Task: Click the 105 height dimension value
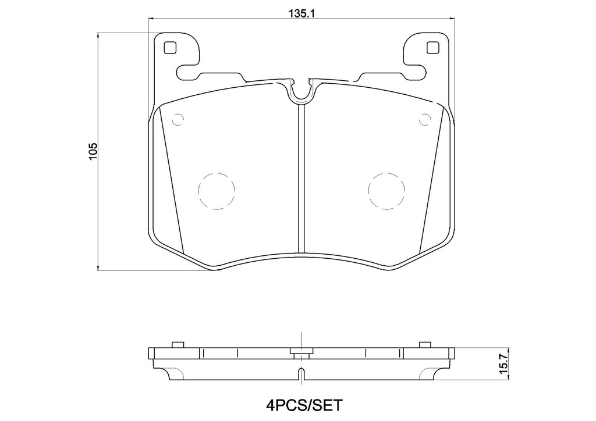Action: (x=93, y=151)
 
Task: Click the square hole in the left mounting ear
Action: (x=170, y=48)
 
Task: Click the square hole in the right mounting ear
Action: (x=432, y=48)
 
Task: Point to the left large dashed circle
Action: (x=216, y=191)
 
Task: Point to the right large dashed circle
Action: (x=386, y=191)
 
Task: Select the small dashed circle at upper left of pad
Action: (x=178, y=120)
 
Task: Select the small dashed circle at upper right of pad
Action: (x=424, y=120)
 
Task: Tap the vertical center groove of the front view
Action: (x=301, y=174)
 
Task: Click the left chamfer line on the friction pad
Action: (x=171, y=180)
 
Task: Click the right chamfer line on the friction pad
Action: (x=431, y=180)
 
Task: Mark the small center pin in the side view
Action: (x=301, y=351)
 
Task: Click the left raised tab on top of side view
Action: (x=178, y=344)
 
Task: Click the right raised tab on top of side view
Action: (x=425, y=344)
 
